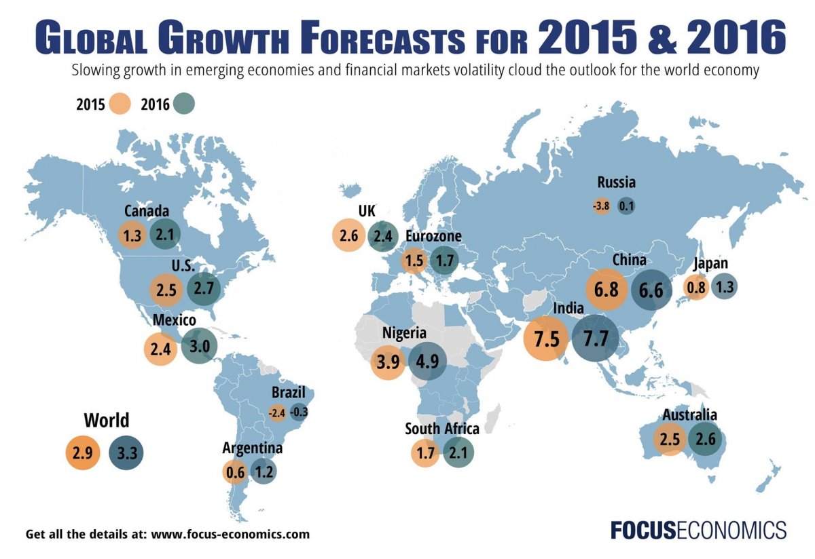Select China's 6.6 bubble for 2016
pyautogui.click(x=651, y=290)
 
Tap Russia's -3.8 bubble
pyautogui.click(x=601, y=206)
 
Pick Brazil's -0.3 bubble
pyautogui.click(x=298, y=412)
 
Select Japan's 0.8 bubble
pyautogui.click(x=696, y=287)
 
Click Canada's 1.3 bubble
pyautogui.click(x=131, y=235)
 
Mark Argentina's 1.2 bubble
pyautogui.click(x=263, y=471)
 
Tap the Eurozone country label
pyautogui.click(x=433, y=236)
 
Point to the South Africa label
pyautogui.click(x=442, y=429)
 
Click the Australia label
pyautogui.click(x=689, y=415)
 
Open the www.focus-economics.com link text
pyautogui.click(x=230, y=534)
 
